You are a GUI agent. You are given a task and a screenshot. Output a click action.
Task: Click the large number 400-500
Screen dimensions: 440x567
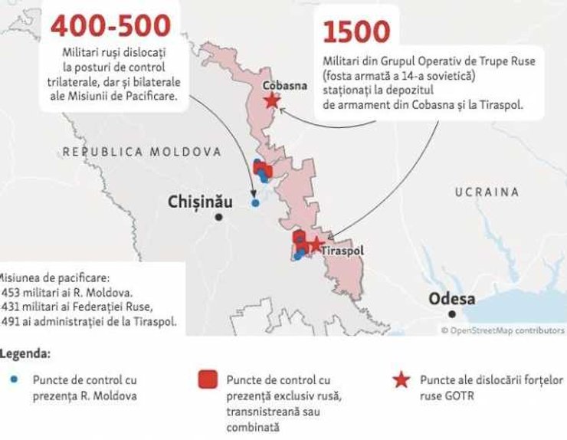(110, 25)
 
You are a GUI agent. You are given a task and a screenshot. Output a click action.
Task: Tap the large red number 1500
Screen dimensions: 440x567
(356, 32)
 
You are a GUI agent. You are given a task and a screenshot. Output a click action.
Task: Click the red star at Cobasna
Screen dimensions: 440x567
(270, 101)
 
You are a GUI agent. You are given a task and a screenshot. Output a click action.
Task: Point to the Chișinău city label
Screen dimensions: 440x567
(199, 202)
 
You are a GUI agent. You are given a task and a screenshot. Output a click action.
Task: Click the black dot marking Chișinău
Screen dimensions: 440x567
(219, 218)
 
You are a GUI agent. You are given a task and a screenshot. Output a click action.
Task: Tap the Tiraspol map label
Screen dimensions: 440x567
(343, 251)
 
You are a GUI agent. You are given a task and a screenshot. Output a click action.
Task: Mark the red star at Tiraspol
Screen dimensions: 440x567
(314, 245)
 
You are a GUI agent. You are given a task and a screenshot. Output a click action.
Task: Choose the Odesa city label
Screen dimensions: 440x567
(452, 298)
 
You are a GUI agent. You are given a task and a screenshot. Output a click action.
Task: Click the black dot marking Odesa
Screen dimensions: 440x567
(453, 314)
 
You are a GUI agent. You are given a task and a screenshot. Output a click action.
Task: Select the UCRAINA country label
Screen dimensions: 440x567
(487, 192)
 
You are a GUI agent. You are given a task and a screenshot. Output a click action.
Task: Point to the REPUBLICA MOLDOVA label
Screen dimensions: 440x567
(142, 152)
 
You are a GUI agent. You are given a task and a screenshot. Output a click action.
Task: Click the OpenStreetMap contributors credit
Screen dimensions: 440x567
(503, 330)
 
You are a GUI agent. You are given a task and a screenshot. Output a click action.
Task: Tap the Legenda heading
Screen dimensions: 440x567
(25, 355)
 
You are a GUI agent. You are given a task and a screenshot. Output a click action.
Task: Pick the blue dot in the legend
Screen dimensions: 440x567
(15, 379)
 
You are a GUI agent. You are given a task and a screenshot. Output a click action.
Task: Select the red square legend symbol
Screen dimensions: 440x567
(206, 380)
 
